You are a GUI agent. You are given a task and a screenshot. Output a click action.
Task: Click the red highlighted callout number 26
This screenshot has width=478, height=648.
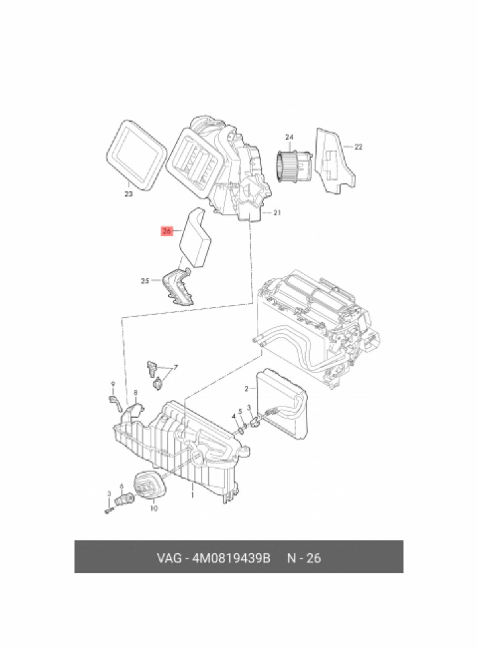pyautogui.click(x=167, y=232)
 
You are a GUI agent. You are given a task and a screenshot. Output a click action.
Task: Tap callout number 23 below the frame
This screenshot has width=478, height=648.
pyautogui.click(x=128, y=194)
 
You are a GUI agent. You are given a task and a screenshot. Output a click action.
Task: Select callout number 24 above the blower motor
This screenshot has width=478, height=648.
pyautogui.click(x=289, y=137)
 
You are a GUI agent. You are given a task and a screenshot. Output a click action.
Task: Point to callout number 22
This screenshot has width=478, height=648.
pyautogui.click(x=358, y=147)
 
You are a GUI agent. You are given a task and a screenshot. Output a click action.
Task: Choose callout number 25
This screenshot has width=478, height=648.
pyautogui.click(x=145, y=281)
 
